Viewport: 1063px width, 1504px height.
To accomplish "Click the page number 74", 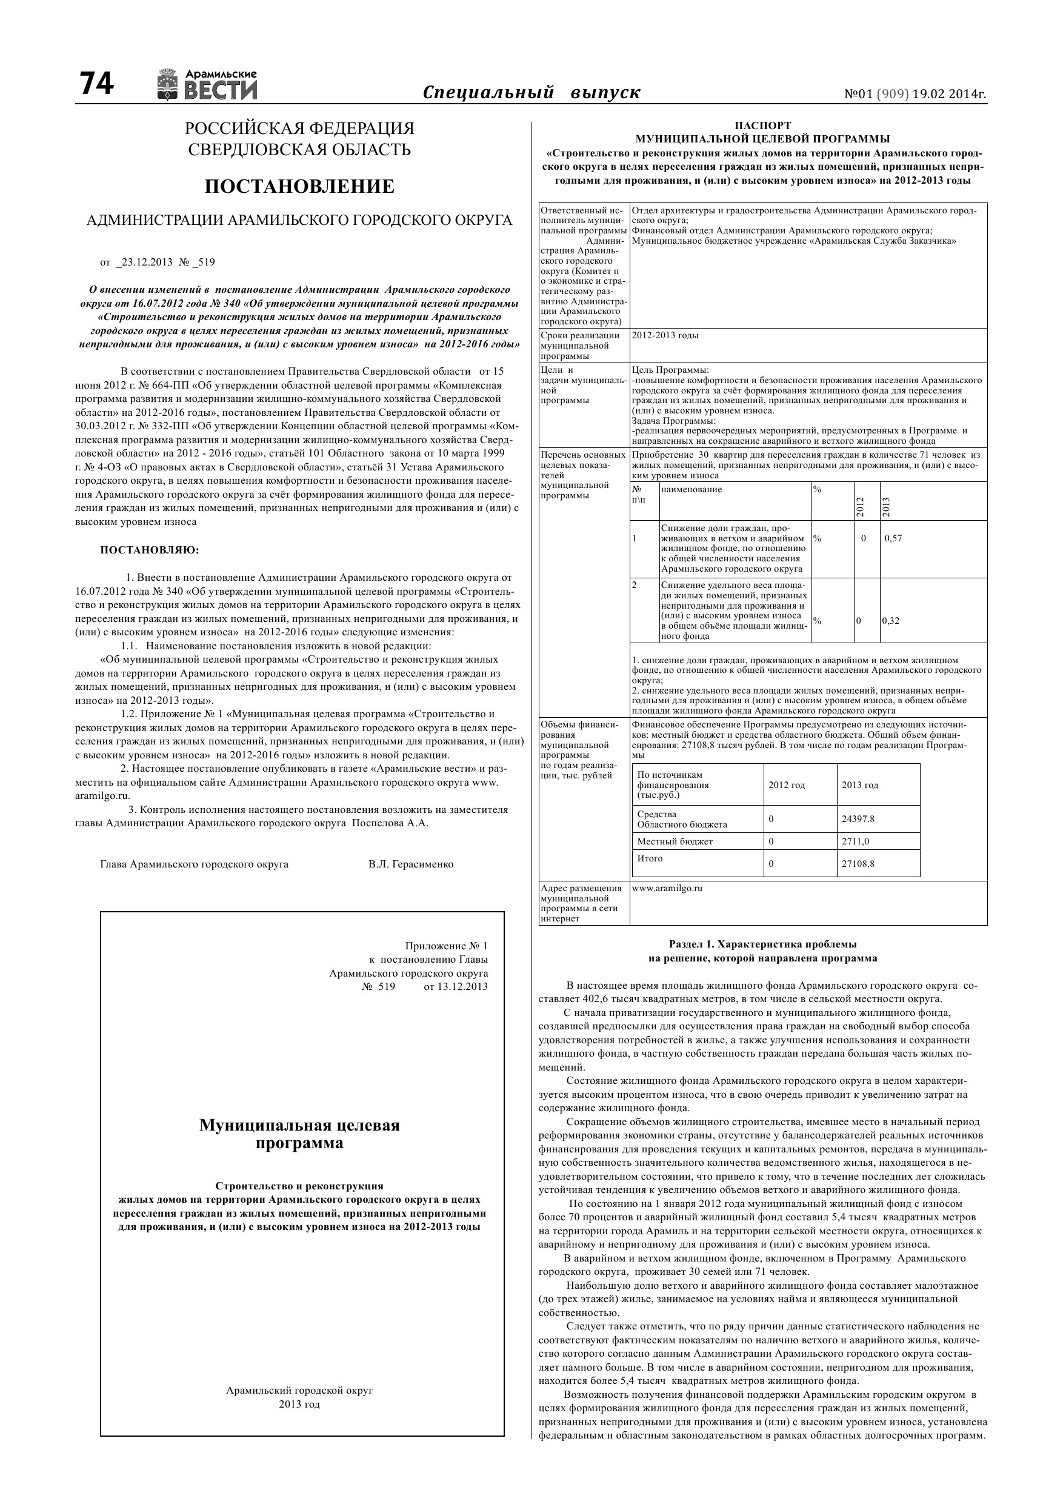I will point(96,84).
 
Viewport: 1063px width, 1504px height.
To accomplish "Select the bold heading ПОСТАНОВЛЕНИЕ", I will point(299,187).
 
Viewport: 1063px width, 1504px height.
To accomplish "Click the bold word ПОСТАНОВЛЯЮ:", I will point(149,550).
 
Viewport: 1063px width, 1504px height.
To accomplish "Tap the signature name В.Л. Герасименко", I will point(411,864).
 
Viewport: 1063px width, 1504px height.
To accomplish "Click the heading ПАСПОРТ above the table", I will point(762,125).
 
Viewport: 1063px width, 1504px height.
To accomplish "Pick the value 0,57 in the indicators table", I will point(893,538).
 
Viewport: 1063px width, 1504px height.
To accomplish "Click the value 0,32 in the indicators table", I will point(891,620).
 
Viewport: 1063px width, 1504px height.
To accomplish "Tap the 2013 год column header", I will point(859,785).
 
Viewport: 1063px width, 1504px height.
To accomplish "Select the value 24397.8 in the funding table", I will point(858,819).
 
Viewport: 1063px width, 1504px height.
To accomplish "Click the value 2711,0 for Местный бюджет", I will point(855,841).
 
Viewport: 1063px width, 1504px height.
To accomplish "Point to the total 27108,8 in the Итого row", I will point(858,863).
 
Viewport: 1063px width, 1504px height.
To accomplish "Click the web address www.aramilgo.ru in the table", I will point(667,888).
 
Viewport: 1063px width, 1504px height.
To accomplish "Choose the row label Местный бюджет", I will point(675,841).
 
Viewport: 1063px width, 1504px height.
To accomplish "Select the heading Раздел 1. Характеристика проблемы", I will point(762,944).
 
